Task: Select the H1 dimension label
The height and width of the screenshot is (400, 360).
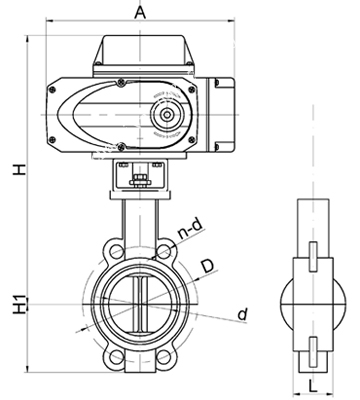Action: [17, 304]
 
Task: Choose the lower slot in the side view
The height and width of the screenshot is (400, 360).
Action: [311, 345]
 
